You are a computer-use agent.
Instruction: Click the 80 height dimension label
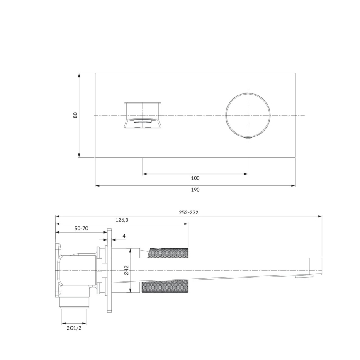click(75, 115)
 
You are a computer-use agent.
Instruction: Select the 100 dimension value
click(195, 178)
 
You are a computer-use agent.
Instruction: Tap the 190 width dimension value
click(195, 190)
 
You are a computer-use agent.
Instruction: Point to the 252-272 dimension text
click(189, 212)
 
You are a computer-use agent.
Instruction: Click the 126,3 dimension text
click(122, 220)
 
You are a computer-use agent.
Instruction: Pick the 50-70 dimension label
click(81, 229)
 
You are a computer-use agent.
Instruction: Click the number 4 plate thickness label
click(124, 236)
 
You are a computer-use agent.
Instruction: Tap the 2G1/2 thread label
click(74, 328)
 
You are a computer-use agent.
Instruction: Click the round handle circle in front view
click(248, 115)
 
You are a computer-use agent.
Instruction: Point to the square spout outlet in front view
click(143, 115)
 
